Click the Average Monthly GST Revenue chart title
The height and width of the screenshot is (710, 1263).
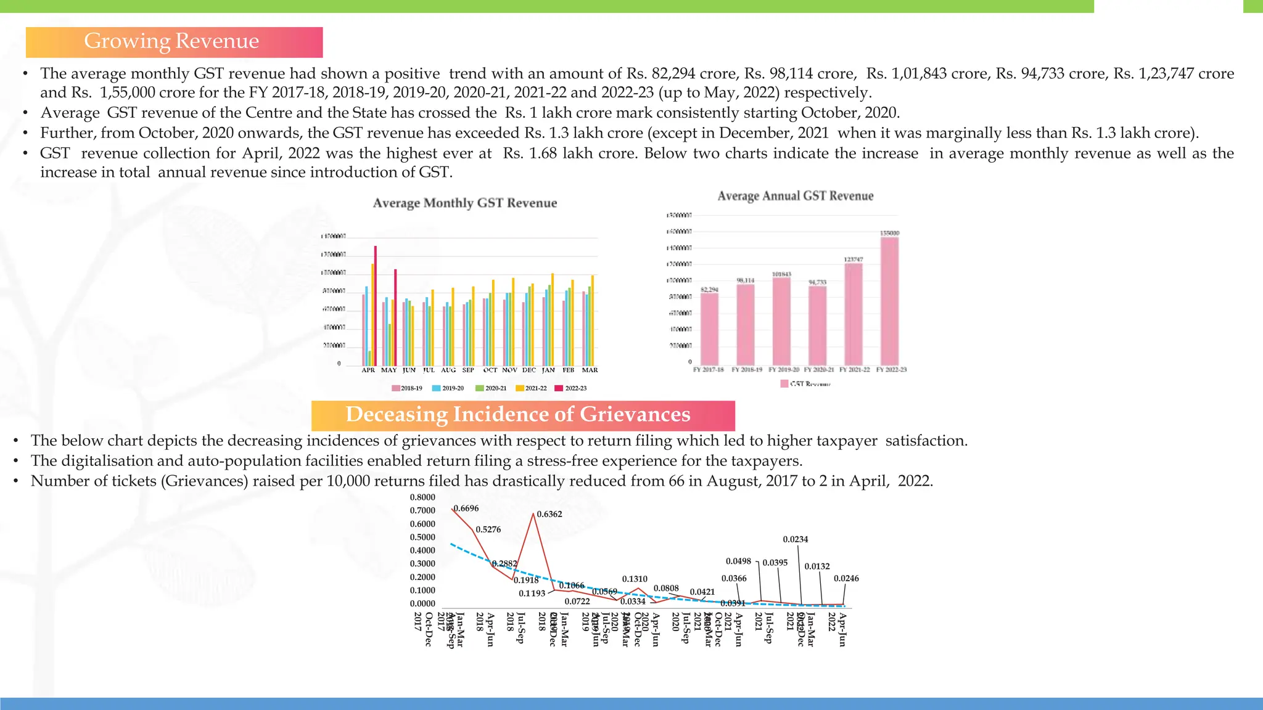[464, 203]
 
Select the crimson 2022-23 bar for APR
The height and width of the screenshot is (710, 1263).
[376, 305]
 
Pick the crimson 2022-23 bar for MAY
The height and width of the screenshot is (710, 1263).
[395, 317]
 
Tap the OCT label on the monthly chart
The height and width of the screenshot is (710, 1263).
[490, 370]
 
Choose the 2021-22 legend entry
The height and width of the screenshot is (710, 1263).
[532, 388]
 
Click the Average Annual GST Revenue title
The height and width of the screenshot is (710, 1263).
[795, 196]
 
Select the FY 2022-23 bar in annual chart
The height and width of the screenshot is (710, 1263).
[889, 301]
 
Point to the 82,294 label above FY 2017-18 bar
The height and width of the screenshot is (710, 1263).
[709, 290]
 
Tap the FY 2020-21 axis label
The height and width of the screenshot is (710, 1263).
[818, 370]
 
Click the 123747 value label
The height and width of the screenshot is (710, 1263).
[854, 259]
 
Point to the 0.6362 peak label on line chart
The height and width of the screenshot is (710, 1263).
[549, 514]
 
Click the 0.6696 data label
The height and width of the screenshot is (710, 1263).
[466, 508]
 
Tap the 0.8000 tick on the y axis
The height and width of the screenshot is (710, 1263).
[422, 497]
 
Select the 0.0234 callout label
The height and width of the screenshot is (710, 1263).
[795, 539]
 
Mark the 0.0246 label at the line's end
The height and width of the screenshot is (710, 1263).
[845, 579]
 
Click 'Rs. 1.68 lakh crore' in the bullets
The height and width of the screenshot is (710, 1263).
[569, 153]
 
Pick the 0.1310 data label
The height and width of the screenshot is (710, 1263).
[634, 579]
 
